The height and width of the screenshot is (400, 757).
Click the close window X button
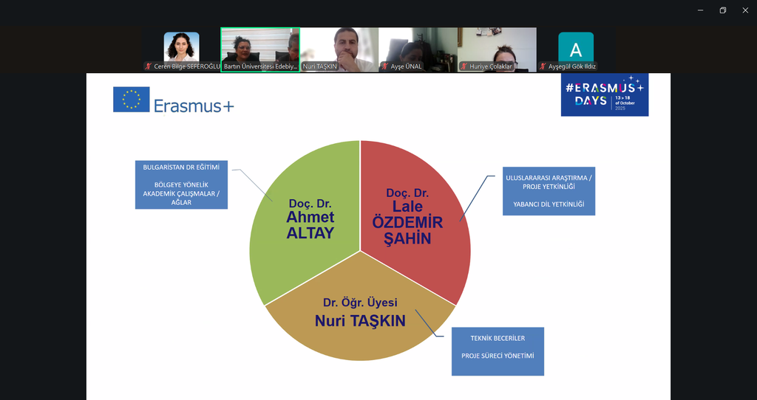pyautogui.click(x=744, y=10)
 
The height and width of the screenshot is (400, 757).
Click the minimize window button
pyautogui.click(x=700, y=10)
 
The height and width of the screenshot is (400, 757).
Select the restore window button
pyautogui.click(x=722, y=10)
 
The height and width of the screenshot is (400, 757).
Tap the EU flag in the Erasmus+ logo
pyautogui.click(x=132, y=100)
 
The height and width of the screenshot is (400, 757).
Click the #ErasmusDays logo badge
pyautogui.click(x=605, y=94)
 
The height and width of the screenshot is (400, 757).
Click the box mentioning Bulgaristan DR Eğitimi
pyautogui.click(x=181, y=185)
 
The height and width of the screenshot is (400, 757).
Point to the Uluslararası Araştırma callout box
pyautogui.click(x=549, y=190)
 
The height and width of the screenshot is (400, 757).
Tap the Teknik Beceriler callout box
pyautogui.click(x=498, y=351)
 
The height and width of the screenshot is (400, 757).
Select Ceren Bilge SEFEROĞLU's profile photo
pyautogui.click(x=181, y=47)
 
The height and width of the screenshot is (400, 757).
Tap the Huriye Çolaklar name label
pyautogui.click(x=490, y=66)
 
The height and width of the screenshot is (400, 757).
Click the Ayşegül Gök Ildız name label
pyautogui.click(x=571, y=66)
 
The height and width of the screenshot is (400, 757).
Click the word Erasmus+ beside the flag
pyautogui.click(x=194, y=106)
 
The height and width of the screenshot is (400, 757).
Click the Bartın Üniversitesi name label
pyautogui.click(x=260, y=66)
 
